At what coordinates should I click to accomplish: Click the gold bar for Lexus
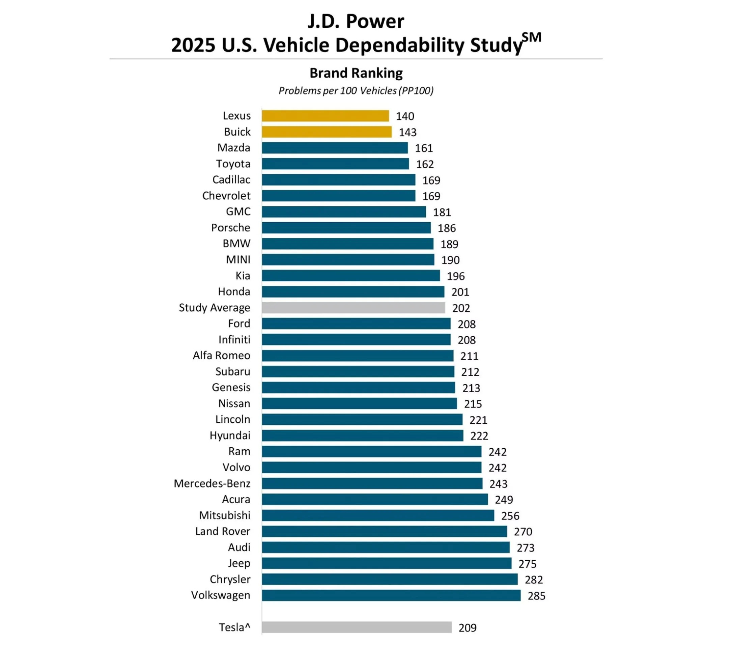[x=325, y=116]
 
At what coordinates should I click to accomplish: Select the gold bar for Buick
[x=327, y=132]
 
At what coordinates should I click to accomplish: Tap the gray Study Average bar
[x=354, y=308]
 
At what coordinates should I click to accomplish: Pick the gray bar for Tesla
[x=356, y=627]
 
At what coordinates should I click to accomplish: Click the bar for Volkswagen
[x=391, y=595]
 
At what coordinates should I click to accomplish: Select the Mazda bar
[x=335, y=148]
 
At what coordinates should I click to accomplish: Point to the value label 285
[x=536, y=596]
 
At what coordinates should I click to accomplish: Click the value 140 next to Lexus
[x=405, y=116]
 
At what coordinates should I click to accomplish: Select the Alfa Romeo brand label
[x=222, y=356]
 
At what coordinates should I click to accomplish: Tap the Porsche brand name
[x=230, y=228]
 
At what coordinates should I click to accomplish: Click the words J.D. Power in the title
[x=356, y=22]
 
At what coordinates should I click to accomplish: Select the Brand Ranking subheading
[x=356, y=73]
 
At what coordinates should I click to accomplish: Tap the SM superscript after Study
[x=532, y=37]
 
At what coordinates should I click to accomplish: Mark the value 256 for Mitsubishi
[x=510, y=516]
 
